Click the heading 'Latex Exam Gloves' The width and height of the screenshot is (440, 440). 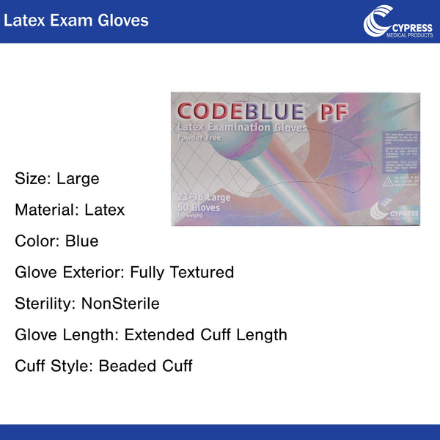pyautogui.click(x=76, y=20)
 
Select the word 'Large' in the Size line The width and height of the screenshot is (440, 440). pyautogui.click(x=78, y=178)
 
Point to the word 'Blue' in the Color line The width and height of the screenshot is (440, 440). pyautogui.click(x=81, y=241)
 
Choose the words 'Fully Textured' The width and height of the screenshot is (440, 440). pyautogui.click(x=182, y=273)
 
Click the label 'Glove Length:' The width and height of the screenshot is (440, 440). pyautogui.click(x=67, y=335)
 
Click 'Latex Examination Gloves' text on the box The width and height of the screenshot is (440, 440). pyautogui.click(x=242, y=128)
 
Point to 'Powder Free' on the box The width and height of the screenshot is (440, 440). pyautogui.click(x=201, y=138)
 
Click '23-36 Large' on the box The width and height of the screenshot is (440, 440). pyautogui.click(x=204, y=198)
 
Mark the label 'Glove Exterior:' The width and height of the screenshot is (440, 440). pyautogui.click(x=70, y=273)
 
